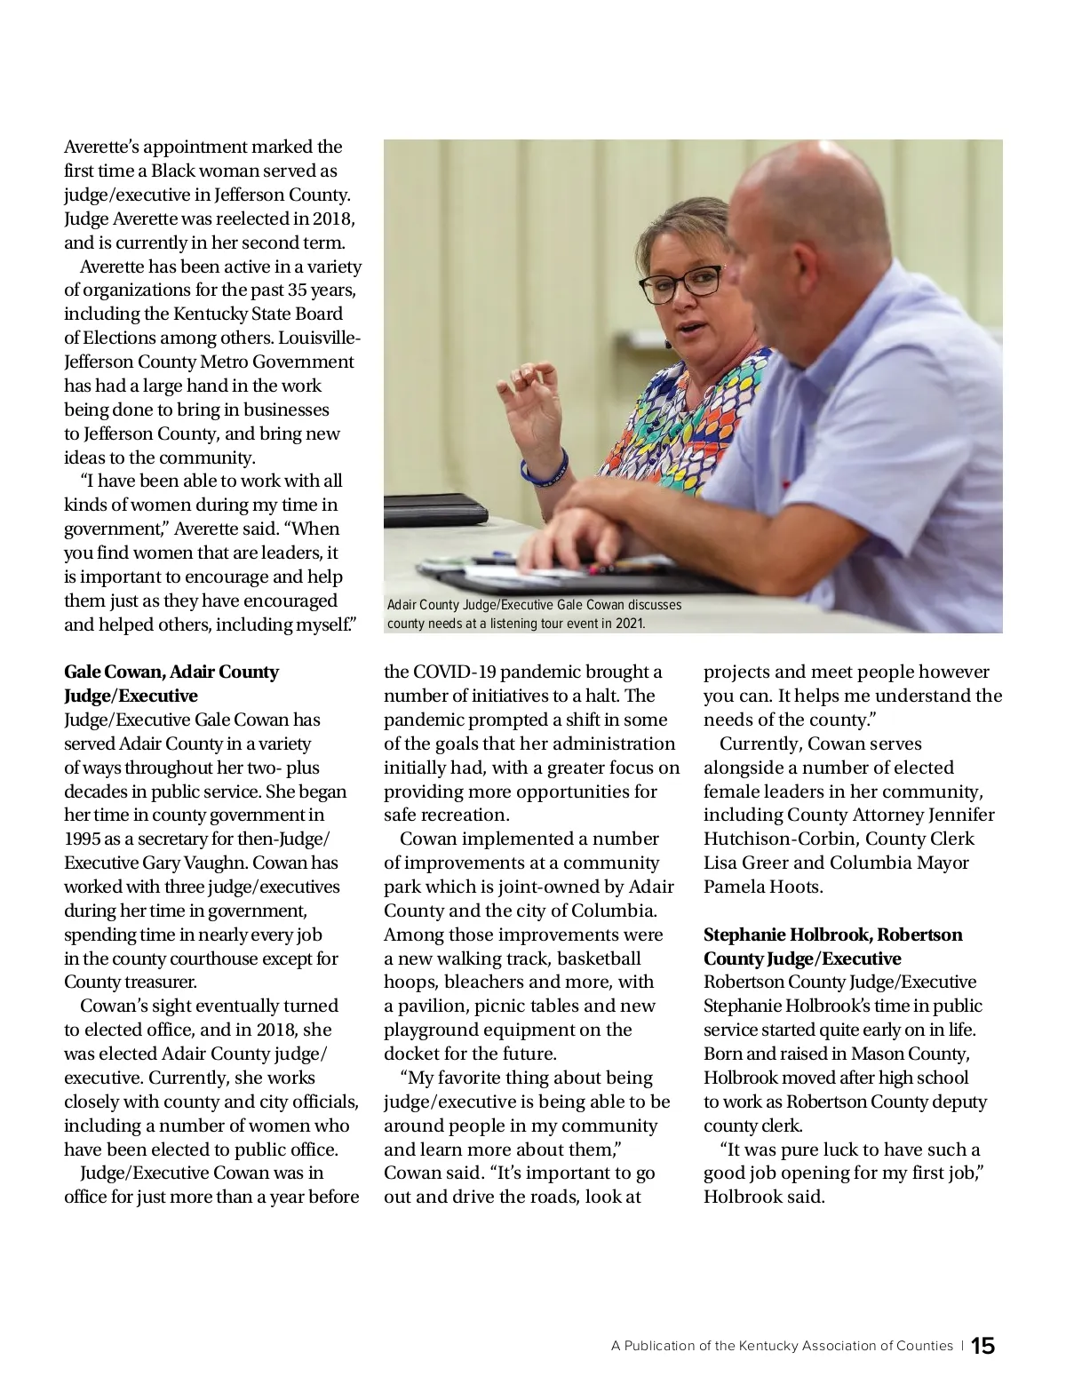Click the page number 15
[x=983, y=1346]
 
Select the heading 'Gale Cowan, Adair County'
[x=171, y=672]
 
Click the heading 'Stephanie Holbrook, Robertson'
[x=832, y=935]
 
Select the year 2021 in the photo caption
[x=629, y=624]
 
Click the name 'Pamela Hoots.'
[x=763, y=887]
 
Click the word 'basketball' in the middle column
[x=599, y=958]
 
